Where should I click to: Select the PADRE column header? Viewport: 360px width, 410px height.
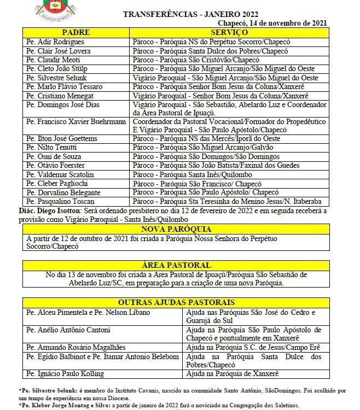[76, 32]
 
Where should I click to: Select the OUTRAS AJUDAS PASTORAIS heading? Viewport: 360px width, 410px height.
[176, 302]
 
